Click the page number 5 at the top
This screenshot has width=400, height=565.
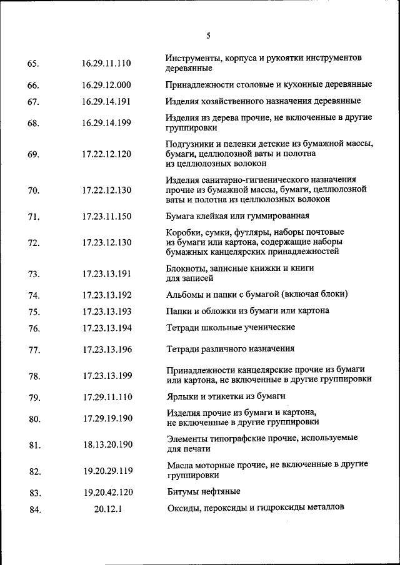208,36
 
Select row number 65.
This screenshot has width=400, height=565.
34,64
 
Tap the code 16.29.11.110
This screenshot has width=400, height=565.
106,63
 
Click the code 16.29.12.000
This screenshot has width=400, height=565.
106,85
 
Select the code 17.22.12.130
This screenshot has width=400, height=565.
106,190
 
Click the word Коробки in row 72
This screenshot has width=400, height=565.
184,232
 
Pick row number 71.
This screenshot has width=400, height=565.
34,217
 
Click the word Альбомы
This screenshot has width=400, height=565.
185,294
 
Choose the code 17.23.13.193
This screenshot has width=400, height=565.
107,312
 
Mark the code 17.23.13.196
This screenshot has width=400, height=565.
107,350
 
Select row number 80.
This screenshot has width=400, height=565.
34,419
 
